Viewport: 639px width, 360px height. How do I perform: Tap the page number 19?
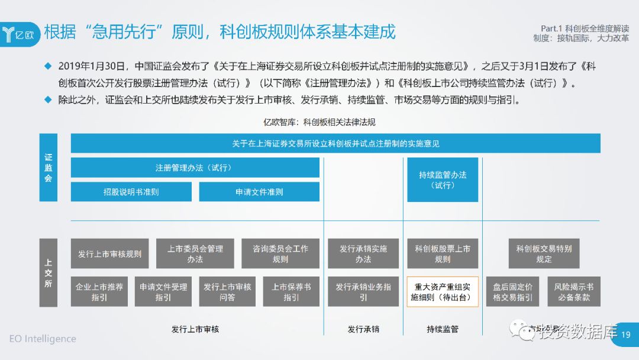point(626,335)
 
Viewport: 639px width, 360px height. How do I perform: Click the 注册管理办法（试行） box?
point(195,168)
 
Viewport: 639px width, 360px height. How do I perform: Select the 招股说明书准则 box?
point(131,192)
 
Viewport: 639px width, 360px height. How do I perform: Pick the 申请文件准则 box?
point(259,192)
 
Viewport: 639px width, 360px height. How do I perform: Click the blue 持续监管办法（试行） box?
point(443,179)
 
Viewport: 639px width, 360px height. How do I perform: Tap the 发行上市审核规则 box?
point(109,254)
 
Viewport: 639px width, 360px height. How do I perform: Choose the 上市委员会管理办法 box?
point(195,254)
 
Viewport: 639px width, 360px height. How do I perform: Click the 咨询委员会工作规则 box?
point(280,254)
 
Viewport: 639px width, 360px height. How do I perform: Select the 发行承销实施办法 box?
point(363,254)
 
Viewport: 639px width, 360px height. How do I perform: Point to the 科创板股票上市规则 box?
point(443,254)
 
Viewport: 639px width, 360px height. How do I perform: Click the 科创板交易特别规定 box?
point(544,254)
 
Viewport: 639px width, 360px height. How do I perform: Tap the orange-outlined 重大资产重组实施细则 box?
point(443,291)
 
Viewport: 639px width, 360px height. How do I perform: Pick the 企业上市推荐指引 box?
point(99,291)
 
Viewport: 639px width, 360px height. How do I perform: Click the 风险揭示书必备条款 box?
point(574,291)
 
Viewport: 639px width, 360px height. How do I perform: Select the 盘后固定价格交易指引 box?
point(512,291)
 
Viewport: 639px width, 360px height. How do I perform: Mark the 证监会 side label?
point(49,168)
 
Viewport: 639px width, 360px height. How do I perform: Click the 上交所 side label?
point(49,272)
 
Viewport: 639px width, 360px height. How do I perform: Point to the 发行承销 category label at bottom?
point(363,329)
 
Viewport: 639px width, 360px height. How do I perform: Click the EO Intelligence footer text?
point(43,339)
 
